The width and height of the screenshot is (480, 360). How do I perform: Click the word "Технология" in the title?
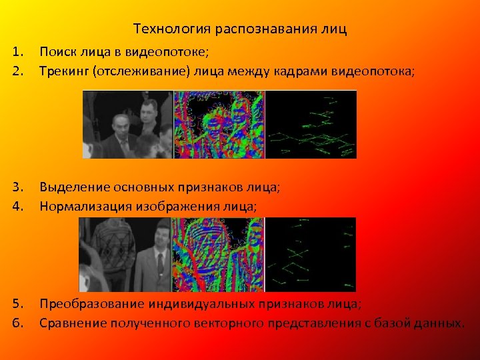point(162,29)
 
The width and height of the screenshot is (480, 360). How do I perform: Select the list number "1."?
point(18,51)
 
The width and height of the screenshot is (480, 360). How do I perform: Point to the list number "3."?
point(18,188)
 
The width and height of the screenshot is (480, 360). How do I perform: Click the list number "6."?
point(18,323)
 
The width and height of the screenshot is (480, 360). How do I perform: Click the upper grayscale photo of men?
point(127,125)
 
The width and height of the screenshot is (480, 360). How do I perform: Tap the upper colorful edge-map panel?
point(219,125)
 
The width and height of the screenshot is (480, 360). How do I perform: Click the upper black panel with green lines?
point(311,125)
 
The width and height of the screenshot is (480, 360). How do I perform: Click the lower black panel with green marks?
point(311,245)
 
